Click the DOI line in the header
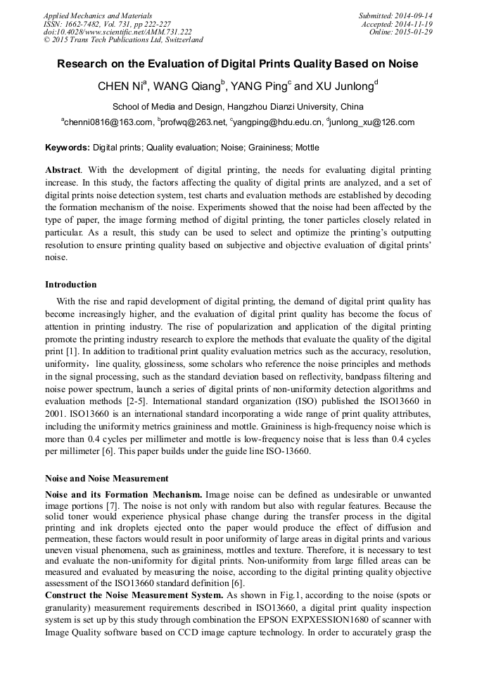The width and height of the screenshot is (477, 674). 117,32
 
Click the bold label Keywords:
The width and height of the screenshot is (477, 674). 68,148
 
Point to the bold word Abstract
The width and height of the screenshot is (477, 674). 63,170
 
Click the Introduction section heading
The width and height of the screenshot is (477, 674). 71,285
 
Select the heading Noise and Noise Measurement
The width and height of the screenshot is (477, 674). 107,478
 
